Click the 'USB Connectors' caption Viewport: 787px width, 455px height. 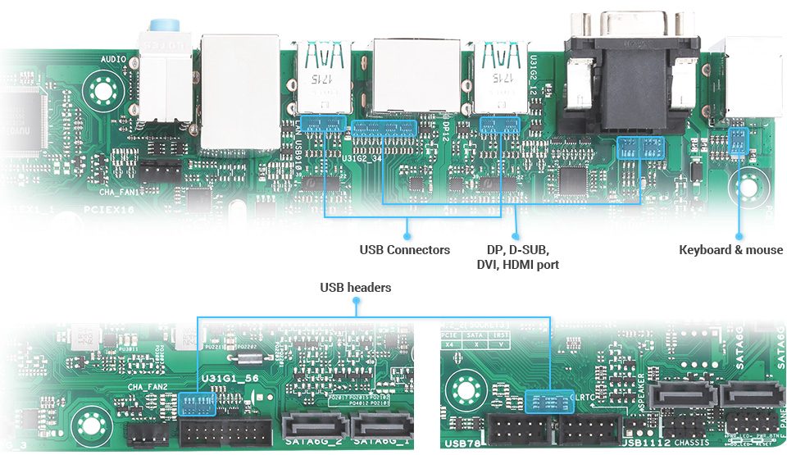(404, 249)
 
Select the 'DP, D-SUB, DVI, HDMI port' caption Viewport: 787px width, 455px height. (517, 257)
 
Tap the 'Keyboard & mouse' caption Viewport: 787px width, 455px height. (730, 249)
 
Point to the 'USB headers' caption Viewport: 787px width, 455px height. (355, 288)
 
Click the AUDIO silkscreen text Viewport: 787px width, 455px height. (113, 60)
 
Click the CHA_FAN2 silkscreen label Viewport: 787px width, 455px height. (148, 387)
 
